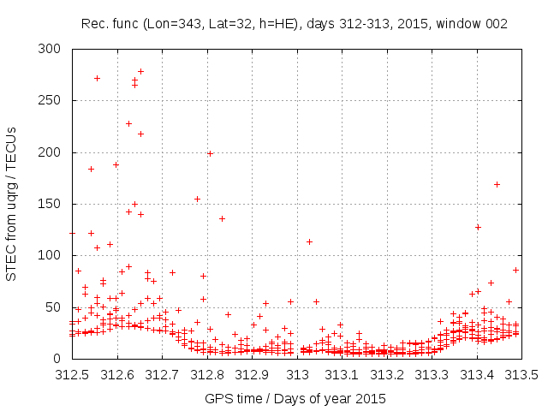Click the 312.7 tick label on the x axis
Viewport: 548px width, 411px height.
coord(163,374)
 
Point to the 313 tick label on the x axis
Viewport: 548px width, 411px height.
coord(298,374)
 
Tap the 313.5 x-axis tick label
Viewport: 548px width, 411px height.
coord(522,374)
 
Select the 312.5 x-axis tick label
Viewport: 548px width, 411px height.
coord(72,374)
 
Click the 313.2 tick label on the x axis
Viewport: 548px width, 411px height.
coord(388,374)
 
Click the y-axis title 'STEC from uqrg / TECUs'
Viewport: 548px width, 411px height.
coord(12,204)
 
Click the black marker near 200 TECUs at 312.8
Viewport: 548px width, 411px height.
coord(210,153)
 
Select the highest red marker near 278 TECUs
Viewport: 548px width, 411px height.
coord(141,71)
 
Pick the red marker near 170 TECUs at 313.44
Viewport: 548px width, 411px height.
coord(497,184)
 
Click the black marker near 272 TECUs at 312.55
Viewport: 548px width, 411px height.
coord(97,78)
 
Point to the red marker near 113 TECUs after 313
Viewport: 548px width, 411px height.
coord(309,241)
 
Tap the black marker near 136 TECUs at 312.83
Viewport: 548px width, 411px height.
coord(222,218)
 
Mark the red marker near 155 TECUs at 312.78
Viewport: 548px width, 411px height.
coord(197,199)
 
